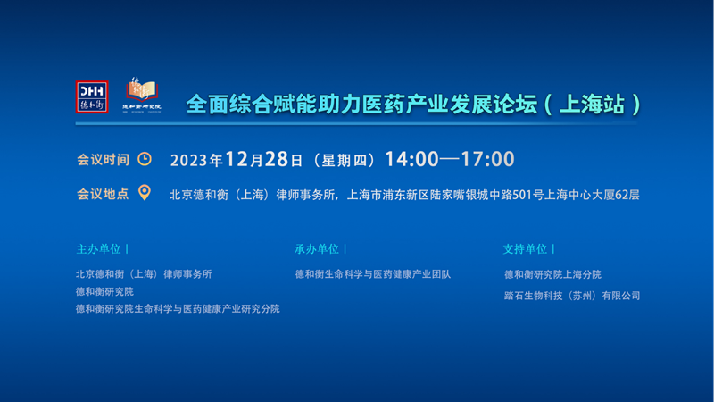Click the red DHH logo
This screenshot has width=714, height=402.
[92, 97]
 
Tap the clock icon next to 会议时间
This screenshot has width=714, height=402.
[145, 159]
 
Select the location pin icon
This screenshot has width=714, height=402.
[145, 193]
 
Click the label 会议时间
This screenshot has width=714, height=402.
[103, 160]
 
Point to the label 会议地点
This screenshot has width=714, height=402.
[103, 193]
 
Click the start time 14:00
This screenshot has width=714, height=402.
[411, 160]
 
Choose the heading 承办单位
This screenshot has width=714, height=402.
[317, 249]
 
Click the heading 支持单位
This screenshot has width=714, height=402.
[526, 249]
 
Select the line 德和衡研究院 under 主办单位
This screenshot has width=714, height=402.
[104, 291]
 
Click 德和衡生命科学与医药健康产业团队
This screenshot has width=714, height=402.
[372, 274]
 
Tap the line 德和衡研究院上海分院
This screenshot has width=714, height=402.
[552, 274]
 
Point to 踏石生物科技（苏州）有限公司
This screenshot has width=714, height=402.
[572, 295]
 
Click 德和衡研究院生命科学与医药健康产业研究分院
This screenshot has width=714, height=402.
[178, 308]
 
